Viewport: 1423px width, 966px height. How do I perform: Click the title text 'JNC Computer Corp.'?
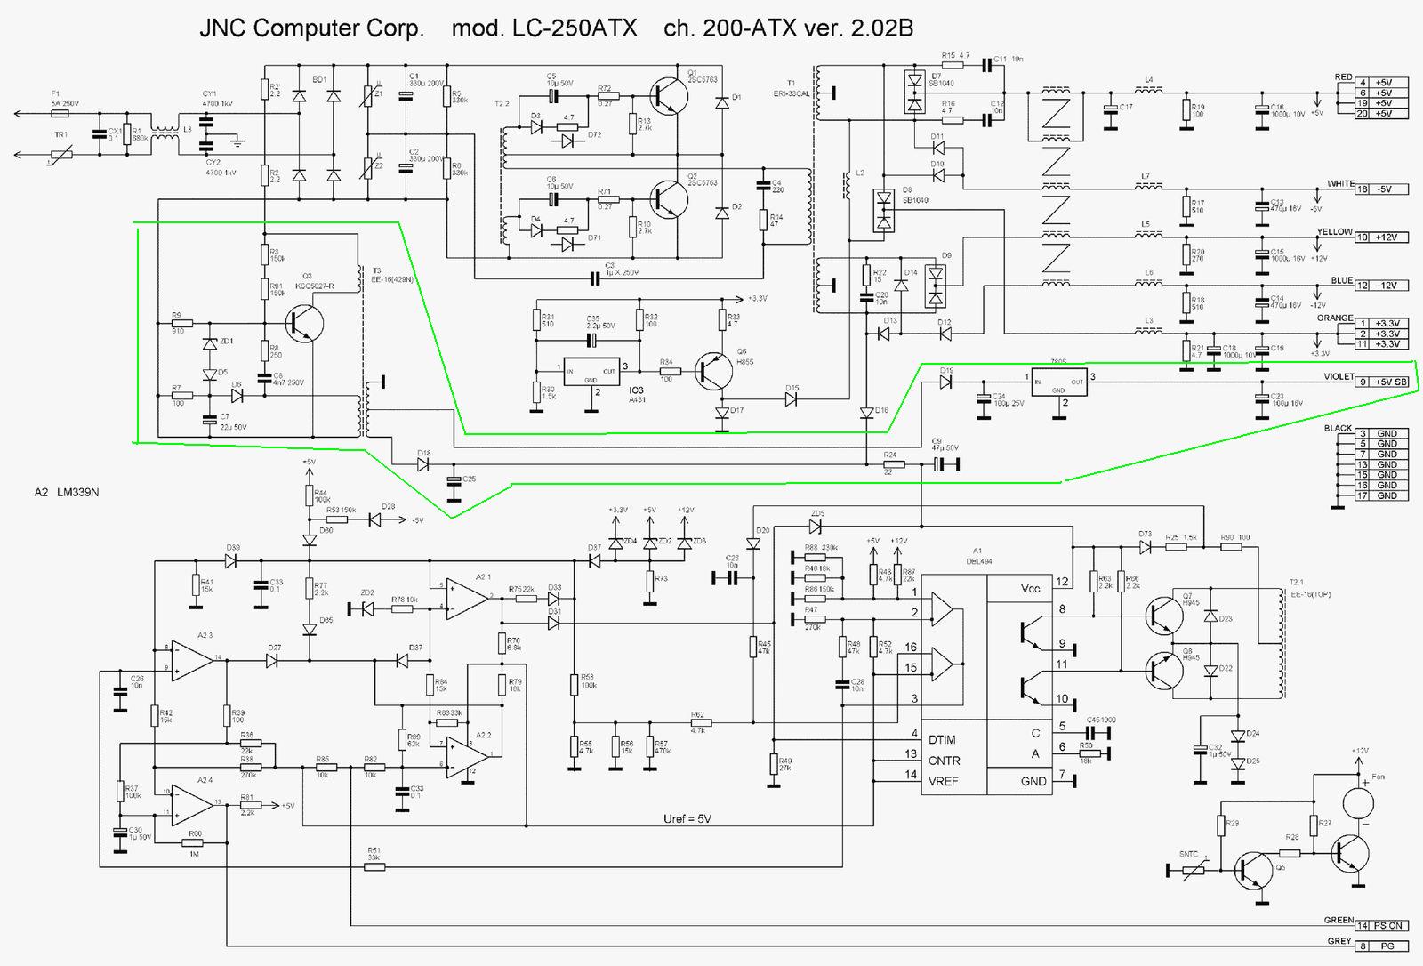[312, 28]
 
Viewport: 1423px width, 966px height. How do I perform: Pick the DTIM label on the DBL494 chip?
[943, 739]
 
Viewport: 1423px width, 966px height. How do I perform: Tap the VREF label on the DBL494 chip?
[943, 782]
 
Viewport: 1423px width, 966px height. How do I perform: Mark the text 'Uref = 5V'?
[687, 818]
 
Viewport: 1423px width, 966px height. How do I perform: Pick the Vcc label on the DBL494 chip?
[1030, 588]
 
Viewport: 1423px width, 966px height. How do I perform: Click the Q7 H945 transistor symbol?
[1161, 613]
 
